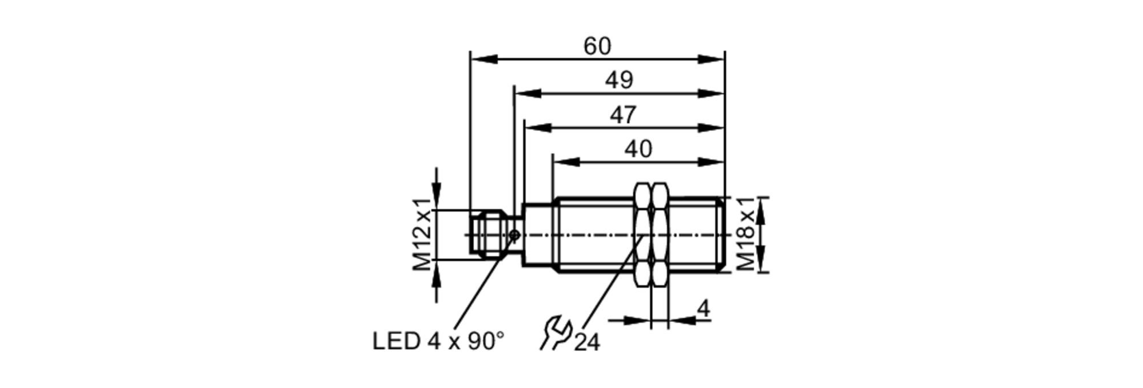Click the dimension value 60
[597, 46]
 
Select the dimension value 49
[619, 81]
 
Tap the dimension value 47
[622, 115]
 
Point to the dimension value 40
[638, 150]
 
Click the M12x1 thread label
[422, 235]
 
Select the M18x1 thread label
[746, 234]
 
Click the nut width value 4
[704, 309]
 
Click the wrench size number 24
[587, 343]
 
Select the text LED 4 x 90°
[438, 342]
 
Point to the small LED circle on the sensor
[514, 235]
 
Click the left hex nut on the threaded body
[643, 235]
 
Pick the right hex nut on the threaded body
[660, 235]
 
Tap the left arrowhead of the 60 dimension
[483, 59]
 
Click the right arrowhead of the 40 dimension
[712, 162]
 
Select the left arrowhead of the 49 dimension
[527, 94]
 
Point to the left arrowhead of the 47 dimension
[537, 128]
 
